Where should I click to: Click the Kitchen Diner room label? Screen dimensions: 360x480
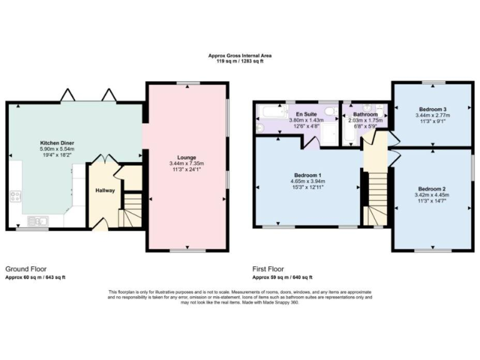coord(57,143)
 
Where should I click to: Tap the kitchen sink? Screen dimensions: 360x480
coord(37,221)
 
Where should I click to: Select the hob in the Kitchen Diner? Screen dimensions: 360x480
coord(16,198)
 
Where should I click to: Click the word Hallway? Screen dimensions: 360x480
coord(105,190)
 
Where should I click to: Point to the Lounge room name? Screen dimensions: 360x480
coord(186,157)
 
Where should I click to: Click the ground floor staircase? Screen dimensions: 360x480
coord(129,209)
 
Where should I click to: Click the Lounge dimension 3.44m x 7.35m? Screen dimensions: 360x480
coord(187,164)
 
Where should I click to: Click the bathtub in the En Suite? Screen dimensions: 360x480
coord(271,112)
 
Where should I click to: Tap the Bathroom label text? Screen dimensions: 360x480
coord(365,114)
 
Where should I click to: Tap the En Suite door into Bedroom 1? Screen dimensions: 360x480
coord(311,142)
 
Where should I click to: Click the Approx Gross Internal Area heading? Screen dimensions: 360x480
coord(240,56)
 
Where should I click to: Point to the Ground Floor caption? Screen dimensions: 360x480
coord(26,269)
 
